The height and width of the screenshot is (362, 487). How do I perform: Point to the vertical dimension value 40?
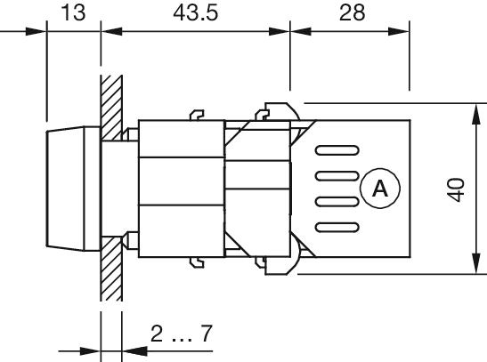click(456, 189)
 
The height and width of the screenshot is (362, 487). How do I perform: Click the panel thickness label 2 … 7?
click(181, 334)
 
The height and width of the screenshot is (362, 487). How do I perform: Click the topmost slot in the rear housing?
click(337, 149)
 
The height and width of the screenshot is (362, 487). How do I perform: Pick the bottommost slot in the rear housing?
click(337, 226)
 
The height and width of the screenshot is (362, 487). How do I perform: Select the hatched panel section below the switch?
click(111, 276)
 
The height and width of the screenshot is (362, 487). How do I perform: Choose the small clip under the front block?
click(197, 261)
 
